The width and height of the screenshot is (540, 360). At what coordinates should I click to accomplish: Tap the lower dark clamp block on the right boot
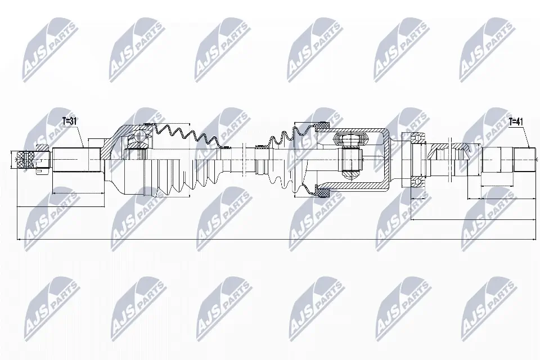coord(323,193)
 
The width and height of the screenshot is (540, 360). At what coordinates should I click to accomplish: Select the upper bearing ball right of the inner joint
coord(417,137)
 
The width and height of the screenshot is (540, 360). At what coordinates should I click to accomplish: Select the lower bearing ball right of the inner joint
coord(417,181)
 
